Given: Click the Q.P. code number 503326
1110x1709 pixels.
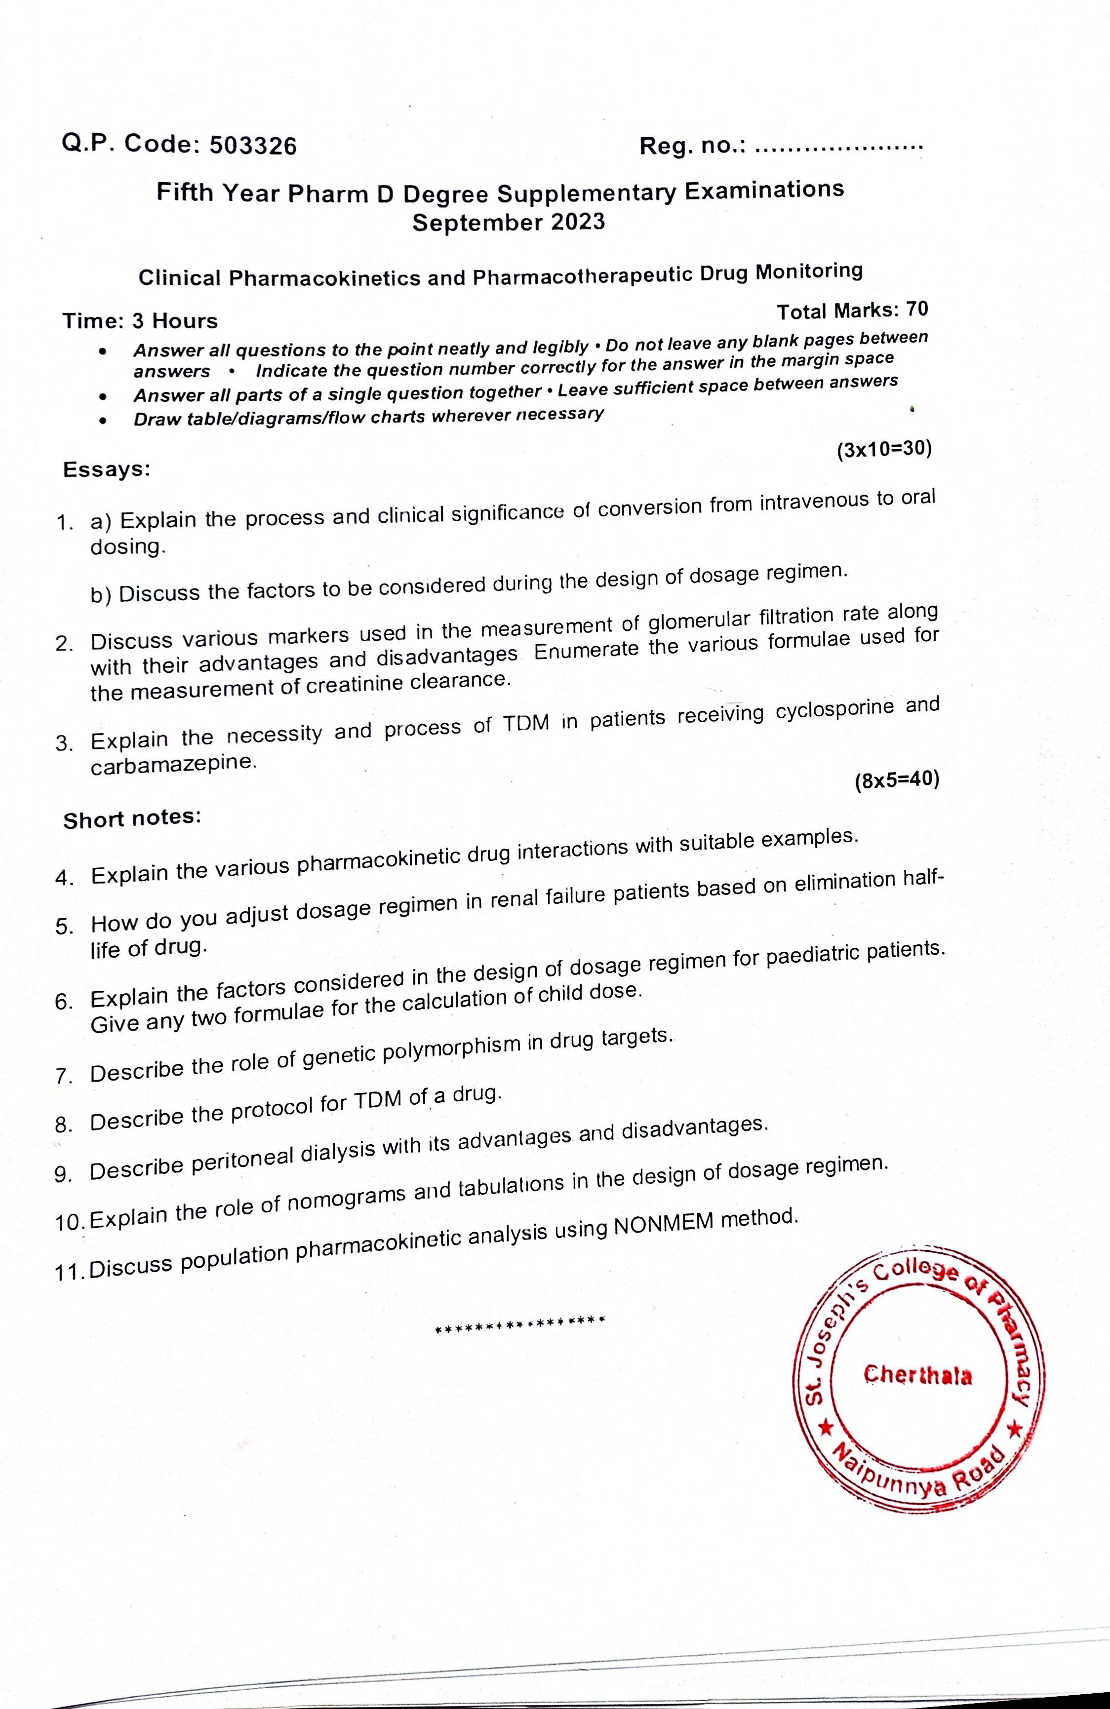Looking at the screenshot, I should click(252, 146).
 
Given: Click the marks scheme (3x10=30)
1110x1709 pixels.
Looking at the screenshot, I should click(884, 450).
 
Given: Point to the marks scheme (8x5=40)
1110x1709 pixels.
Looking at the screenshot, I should click(897, 780).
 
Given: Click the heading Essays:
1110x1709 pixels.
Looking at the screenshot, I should click(106, 469).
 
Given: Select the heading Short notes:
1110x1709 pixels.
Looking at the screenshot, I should click(131, 818).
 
